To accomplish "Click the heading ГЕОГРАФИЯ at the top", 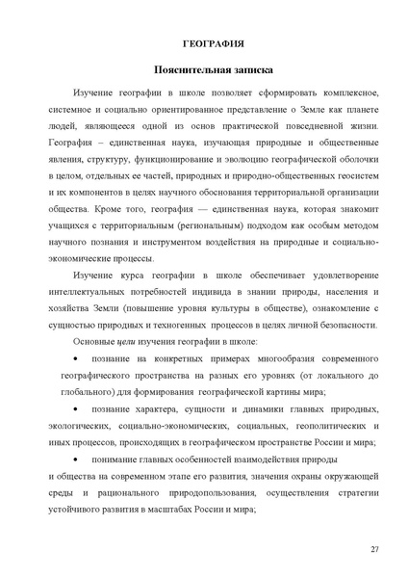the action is [214, 42].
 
